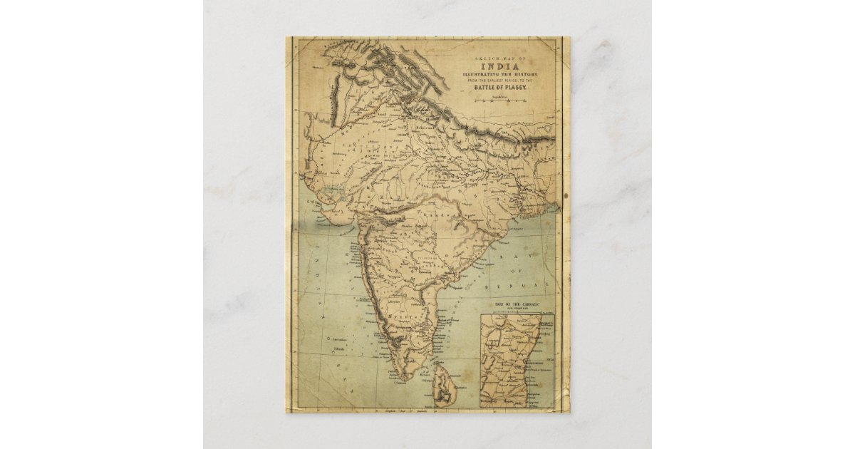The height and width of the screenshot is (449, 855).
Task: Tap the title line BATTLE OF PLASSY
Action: (499, 87)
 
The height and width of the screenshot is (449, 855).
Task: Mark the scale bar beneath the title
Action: (499, 100)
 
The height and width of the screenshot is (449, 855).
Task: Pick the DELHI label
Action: (390, 132)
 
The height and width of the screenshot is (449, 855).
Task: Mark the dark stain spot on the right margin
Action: (565, 195)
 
